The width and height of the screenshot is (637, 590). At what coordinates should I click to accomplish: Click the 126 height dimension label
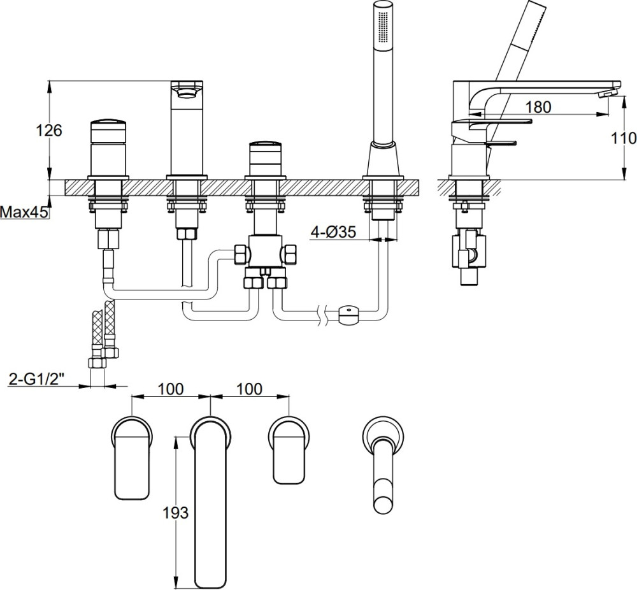(48, 131)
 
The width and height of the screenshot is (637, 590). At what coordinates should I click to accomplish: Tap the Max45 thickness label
(24, 212)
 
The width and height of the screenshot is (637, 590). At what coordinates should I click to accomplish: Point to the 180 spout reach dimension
(539, 107)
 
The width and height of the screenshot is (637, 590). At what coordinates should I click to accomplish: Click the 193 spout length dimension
(176, 512)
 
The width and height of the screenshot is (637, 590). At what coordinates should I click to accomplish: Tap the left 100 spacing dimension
(170, 389)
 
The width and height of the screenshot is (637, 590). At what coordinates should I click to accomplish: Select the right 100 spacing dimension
(249, 389)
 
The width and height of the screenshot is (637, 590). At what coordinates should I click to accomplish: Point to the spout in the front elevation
(187, 127)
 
